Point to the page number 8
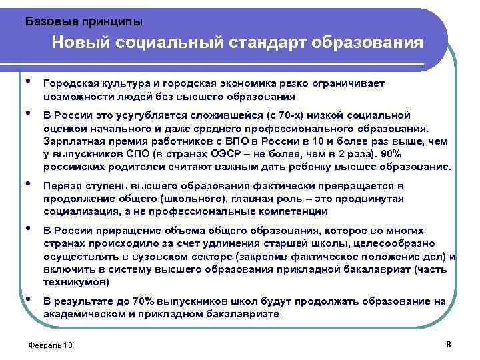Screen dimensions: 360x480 click(448, 344)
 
